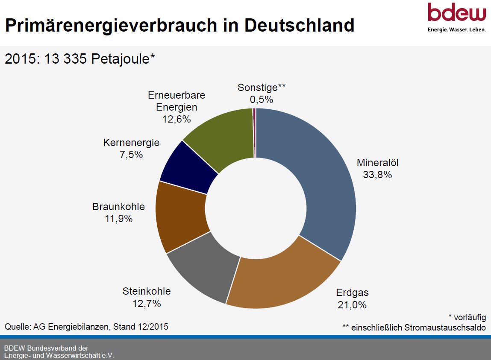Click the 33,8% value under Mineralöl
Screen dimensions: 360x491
374,174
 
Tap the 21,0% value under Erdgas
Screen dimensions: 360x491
352,305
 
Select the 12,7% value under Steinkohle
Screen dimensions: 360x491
147,304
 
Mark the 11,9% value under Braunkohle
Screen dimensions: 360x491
118,219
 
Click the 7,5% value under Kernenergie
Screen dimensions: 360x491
131,155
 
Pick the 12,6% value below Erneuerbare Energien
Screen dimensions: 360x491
176,119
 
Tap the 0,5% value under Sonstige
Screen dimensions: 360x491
262,100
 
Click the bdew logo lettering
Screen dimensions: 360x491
456,13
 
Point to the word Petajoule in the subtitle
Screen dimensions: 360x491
121,59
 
